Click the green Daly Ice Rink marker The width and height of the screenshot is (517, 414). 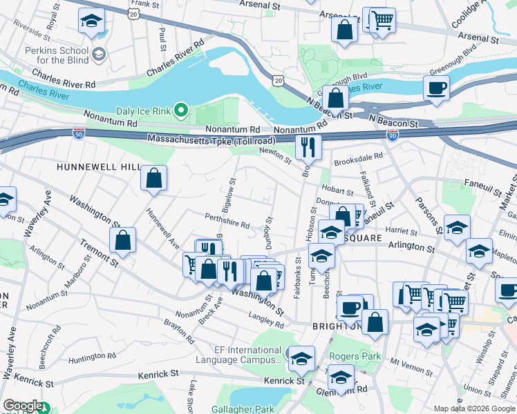[x=181, y=110]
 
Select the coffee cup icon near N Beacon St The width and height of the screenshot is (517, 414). [x=435, y=89]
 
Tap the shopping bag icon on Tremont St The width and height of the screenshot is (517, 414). [x=122, y=241]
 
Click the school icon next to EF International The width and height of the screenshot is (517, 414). [x=301, y=358]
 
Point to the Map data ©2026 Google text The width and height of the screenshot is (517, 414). [x=473, y=408]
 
